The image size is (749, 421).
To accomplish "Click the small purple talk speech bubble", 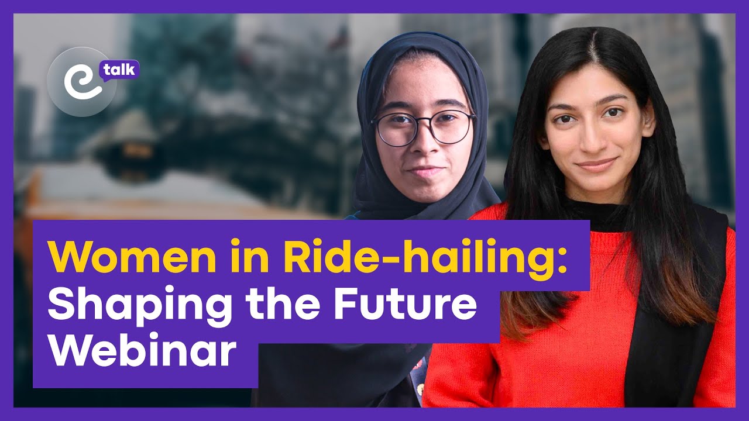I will [x=119, y=70].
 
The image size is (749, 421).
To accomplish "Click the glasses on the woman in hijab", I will [x=422, y=127].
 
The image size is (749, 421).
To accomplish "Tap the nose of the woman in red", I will [x=593, y=139].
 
